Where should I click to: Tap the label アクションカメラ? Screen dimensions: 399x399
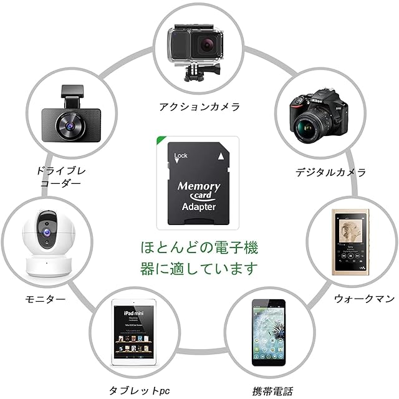[199, 107]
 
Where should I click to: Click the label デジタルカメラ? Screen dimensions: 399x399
[330, 172]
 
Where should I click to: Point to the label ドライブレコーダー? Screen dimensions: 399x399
[60, 176]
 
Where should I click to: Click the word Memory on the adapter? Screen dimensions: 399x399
[199, 186]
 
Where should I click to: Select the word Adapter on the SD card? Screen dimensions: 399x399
[199, 206]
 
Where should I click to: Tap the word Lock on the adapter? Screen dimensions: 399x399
[181, 155]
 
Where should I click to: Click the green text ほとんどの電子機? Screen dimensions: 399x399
[199, 248]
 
